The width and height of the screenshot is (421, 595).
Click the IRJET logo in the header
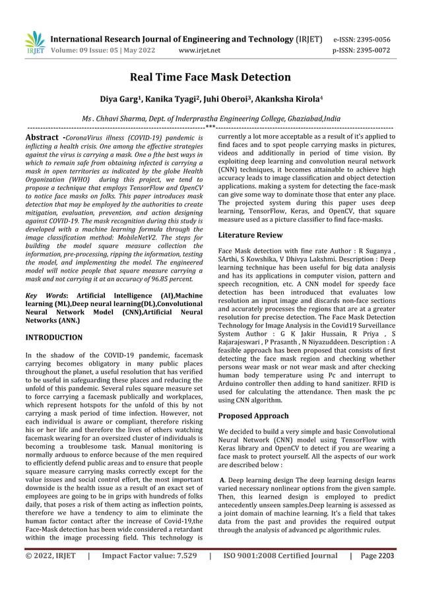pos(34,43)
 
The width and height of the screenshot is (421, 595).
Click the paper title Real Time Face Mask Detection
pos(210,77)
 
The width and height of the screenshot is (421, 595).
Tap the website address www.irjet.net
pos(200,49)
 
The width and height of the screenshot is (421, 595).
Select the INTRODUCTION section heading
pos(53,337)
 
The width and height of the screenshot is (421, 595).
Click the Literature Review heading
pos(250,235)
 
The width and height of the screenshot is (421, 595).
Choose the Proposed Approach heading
pos(253,416)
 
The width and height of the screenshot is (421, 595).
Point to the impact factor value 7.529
pos(183,574)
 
